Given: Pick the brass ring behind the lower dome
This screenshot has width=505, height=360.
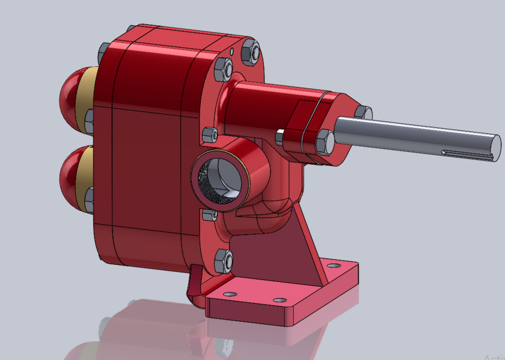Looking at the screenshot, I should click(84, 177).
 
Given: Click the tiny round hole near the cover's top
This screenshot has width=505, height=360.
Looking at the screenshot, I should click(232, 51).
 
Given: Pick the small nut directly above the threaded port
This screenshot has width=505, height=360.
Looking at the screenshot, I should click(209, 135).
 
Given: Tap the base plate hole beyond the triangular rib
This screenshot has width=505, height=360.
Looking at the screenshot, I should click(334, 265).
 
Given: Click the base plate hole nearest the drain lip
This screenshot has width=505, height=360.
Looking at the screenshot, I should click(230, 294).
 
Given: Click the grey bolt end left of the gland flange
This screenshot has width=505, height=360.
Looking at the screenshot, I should click(279, 136).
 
